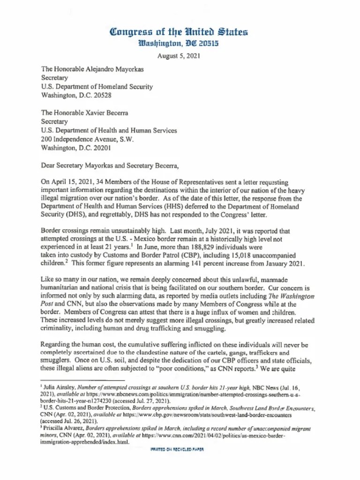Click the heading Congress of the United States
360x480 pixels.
coord(179,32)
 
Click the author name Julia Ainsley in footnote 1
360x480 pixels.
coord(57,388)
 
